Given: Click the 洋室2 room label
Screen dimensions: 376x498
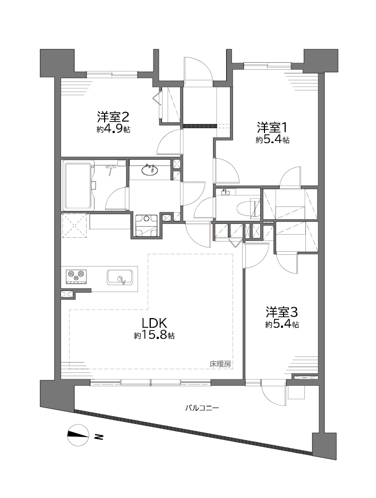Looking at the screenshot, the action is coord(113,117).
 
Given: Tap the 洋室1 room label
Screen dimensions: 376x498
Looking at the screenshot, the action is coord(272,128).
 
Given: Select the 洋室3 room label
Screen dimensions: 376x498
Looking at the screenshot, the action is coord(281,312).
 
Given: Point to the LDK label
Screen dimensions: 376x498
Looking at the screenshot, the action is coord(154,323).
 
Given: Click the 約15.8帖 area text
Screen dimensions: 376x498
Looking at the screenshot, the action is coord(154,335).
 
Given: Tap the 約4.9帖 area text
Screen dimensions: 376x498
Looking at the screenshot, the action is coord(113,130).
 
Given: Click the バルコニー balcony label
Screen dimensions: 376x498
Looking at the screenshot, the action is coord(202,408).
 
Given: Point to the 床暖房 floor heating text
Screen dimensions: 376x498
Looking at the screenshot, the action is coord(220,364).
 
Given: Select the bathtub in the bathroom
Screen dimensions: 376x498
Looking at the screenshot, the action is coord(79,186).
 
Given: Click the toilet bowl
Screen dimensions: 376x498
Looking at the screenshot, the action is coord(247,209).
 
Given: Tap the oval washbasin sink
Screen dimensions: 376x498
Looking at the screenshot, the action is coord(150,171).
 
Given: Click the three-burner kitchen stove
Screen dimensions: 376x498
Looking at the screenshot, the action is coord(76,276).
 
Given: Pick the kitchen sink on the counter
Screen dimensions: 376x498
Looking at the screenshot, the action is coord(120,278).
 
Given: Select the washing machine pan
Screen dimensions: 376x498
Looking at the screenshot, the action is coord(146,226).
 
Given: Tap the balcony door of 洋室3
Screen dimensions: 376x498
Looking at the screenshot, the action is coord(275,393).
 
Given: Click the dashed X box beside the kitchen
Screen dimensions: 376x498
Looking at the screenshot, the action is coord(74,226).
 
